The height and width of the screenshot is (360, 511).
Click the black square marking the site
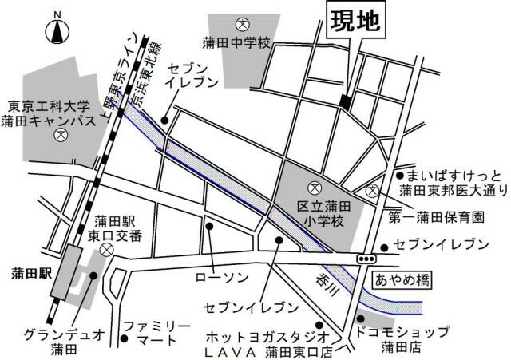click(x=345, y=101)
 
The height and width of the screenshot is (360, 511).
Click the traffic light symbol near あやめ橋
click(x=367, y=259)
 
